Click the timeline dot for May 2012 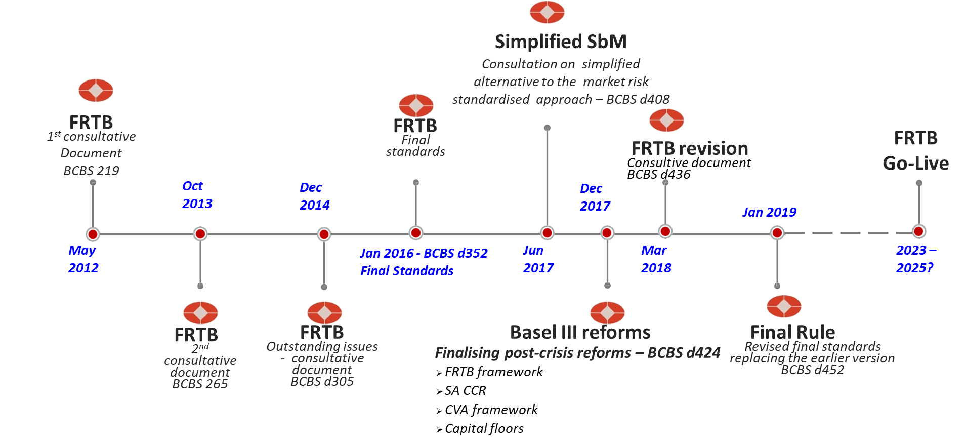pyautogui.click(x=93, y=234)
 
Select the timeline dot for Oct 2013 pyautogui.click(x=200, y=234)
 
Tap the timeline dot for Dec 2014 pyautogui.click(x=324, y=234)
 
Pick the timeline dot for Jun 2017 pyautogui.click(x=547, y=233)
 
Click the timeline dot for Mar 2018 pyautogui.click(x=665, y=231)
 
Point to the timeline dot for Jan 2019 pyautogui.click(x=777, y=233)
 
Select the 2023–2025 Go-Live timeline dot pyautogui.click(x=919, y=231)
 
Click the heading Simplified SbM pyautogui.click(x=560, y=42)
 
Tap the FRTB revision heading pyautogui.click(x=690, y=148)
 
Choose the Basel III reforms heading pyautogui.click(x=580, y=332)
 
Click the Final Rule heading pyautogui.click(x=792, y=332)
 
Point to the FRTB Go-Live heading pyautogui.click(x=915, y=150)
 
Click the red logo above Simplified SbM pyautogui.click(x=547, y=12)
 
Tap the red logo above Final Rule pyautogui.click(x=784, y=307)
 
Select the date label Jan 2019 pyautogui.click(x=769, y=212)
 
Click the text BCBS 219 pyautogui.click(x=91, y=171)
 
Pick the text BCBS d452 pyautogui.click(x=812, y=370)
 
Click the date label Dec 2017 pyautogui.click(x=595, y=197)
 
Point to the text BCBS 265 pyautogui.click(x=200, y=384)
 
